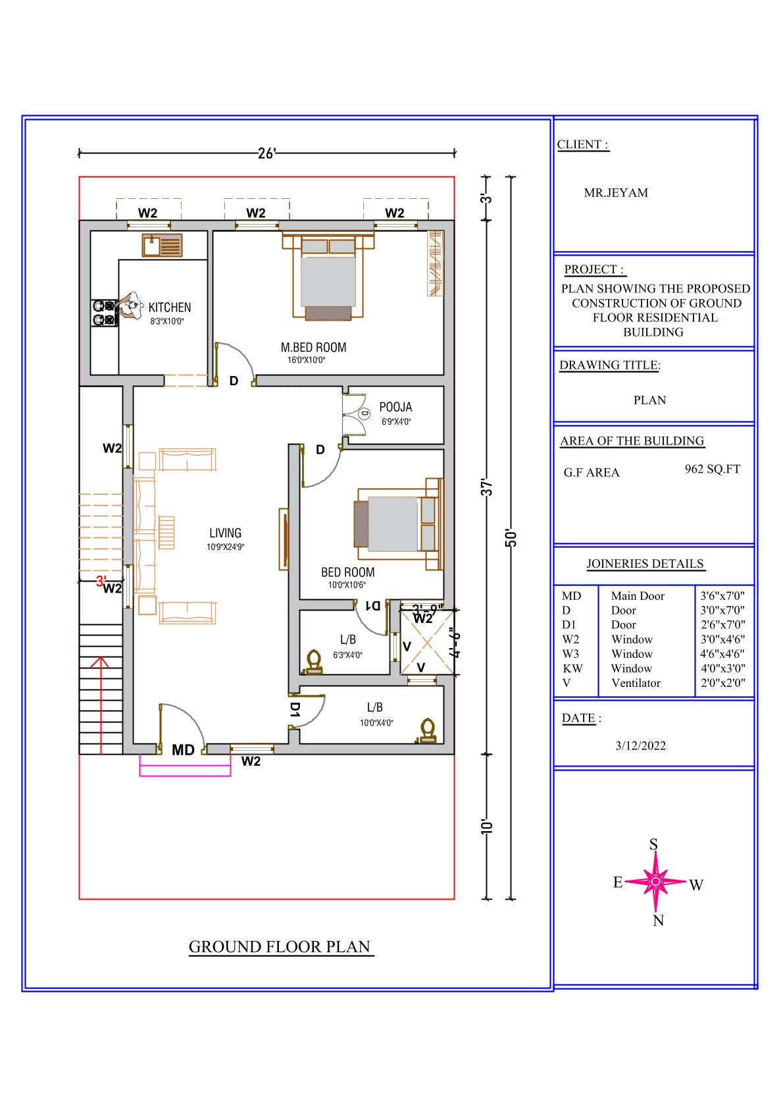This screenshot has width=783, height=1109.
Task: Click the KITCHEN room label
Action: (170, 307)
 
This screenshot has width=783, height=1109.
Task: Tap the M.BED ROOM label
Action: (314, 347)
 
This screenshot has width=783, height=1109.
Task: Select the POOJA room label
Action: (395, 407)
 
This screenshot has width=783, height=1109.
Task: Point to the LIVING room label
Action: (226, 533)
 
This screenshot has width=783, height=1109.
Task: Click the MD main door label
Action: (183, 749)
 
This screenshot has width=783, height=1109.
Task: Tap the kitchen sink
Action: (163, 245)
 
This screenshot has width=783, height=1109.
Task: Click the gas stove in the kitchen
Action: (105, 313)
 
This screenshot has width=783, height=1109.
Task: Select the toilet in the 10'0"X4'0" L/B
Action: (427, 731)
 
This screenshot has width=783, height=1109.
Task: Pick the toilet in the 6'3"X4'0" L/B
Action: (313, 662)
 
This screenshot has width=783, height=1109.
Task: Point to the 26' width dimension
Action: (266, 153)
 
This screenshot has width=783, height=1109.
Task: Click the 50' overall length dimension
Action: (511, 537)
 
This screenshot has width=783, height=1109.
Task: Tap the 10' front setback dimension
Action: (487, 826)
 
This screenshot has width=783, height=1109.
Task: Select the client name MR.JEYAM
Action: (616, 192)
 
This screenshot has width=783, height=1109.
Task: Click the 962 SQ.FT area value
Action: (713, 469)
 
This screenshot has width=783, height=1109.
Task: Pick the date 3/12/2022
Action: (640, 745)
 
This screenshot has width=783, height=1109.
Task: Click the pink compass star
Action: (655, 881)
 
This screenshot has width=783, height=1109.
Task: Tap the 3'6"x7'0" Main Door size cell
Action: (722, 595)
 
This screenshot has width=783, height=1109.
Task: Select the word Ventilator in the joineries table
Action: (636, 683)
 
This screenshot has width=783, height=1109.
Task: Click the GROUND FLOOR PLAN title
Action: (280, 946)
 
